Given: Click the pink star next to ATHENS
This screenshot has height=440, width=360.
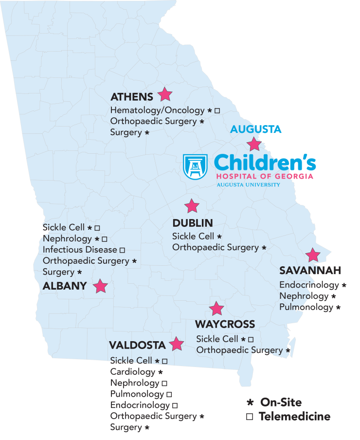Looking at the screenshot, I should click(x=165, y=94).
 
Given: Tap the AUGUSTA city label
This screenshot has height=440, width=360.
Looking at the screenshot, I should click(x=256, y=129).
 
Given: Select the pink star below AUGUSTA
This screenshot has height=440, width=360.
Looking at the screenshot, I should click(x=254, y=144).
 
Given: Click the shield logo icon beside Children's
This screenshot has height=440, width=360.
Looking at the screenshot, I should click(x=195, y=167).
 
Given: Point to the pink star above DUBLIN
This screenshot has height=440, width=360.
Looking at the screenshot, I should click(x=192, y=206).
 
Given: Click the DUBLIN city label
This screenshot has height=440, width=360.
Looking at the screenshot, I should click(x=193, y=223).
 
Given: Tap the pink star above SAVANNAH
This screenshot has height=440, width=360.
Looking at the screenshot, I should click(x=312, y=255).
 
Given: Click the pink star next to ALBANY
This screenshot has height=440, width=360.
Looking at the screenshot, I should click(x=100, y=286).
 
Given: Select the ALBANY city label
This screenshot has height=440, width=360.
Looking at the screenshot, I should click(x=65, y=286).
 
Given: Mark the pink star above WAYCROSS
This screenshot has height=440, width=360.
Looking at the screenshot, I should click(x=216, y=309).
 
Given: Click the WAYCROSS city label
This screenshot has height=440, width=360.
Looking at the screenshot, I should click(x=225, y=324).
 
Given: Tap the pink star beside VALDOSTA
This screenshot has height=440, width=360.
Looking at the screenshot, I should click(x=176, y=345).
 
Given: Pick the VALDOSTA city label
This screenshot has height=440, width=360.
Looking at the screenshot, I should click(x=137, y=346).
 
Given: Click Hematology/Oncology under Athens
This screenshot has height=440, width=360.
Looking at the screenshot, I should click(x=158, y=110).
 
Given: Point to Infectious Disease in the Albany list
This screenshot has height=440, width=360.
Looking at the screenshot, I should click(x=80, y=250).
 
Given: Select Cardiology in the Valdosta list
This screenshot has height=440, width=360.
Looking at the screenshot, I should click(x=132, y=372).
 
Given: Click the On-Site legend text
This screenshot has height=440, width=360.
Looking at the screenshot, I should click(x=281, y=403).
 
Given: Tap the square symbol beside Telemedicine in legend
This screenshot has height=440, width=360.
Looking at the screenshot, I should click(x=250, y=417).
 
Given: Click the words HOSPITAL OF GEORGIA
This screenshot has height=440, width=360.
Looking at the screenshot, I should click(x=265, y=176).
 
